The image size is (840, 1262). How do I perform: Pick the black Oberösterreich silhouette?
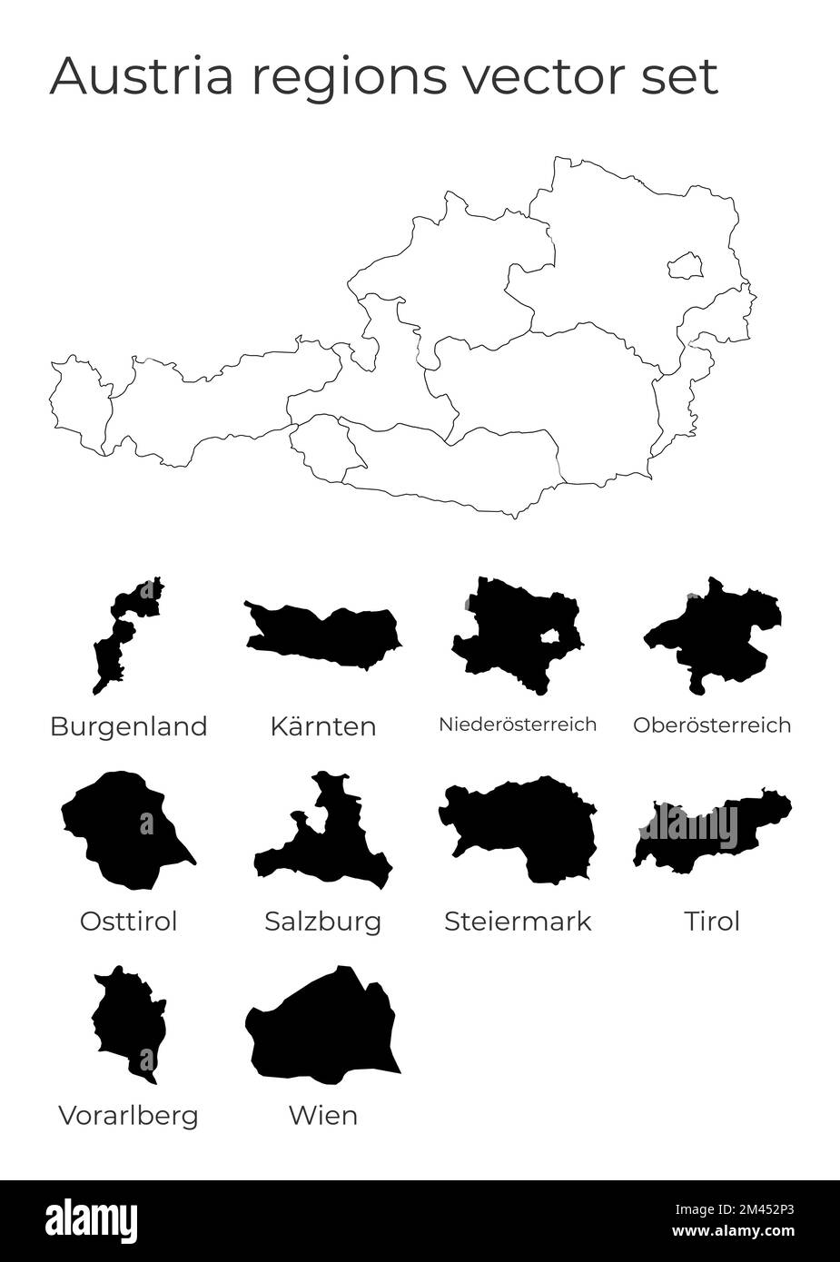713,631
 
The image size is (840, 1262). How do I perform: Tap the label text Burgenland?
128,726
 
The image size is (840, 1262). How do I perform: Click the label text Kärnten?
323,726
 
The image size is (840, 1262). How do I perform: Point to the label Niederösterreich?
518,725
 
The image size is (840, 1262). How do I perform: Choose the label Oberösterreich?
712,725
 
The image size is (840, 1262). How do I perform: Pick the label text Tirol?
712,922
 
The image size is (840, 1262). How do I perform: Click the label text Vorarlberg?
128,1115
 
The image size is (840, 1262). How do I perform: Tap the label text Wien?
323,1115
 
